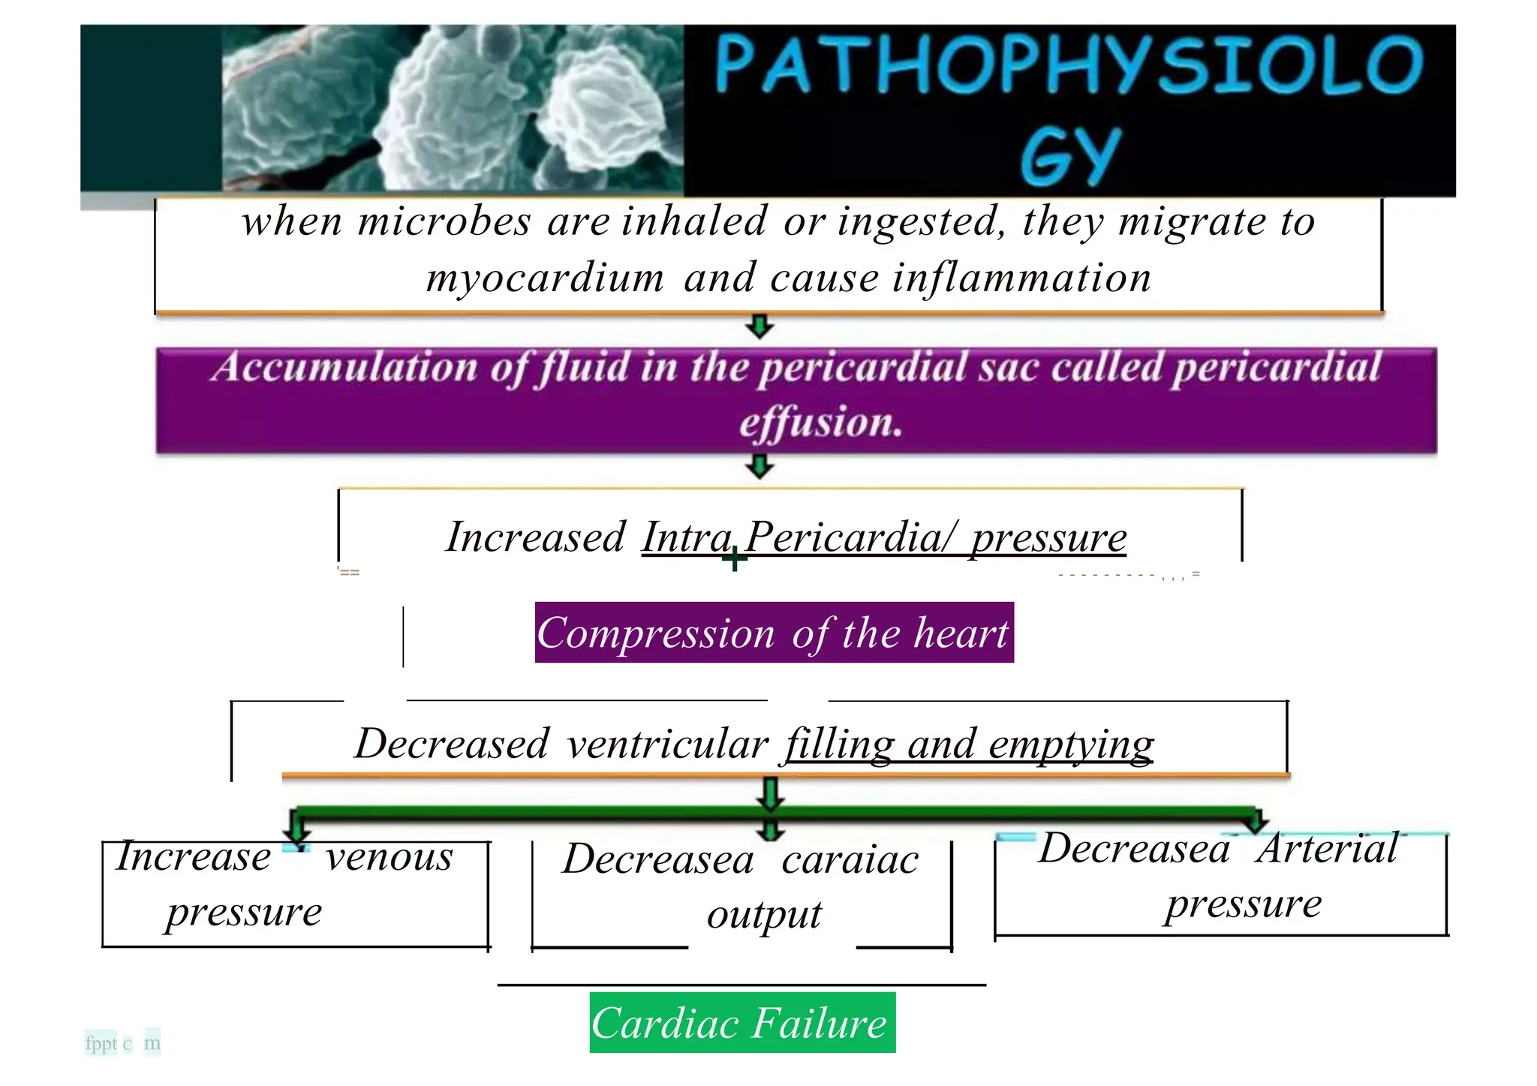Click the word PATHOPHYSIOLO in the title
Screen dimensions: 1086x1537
[1069, 65]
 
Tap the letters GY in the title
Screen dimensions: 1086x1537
[1070, 157]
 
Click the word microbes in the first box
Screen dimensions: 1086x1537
[444, 222]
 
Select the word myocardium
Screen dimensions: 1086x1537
[545, 278]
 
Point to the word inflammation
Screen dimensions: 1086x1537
[1022, 278]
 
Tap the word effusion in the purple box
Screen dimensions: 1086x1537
[820, 422]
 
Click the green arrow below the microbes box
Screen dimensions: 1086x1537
[759, 326]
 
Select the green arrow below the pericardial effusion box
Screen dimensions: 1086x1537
[759, 466]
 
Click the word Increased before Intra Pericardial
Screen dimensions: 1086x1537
[535, 537]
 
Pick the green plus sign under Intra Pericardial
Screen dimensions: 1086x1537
[735, 558]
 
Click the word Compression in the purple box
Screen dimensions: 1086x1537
[655, 633]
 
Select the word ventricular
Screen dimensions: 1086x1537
[668, 745]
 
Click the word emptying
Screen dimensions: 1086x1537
[1071, 745]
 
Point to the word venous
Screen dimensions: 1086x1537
[390, 857]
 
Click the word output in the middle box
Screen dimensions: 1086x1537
[764, 915]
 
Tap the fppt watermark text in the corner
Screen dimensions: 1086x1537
[101, 1043]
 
